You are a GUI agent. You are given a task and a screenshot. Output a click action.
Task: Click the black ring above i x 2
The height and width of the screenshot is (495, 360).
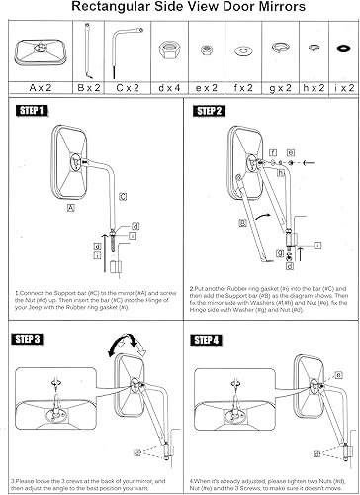coord(342,49)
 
